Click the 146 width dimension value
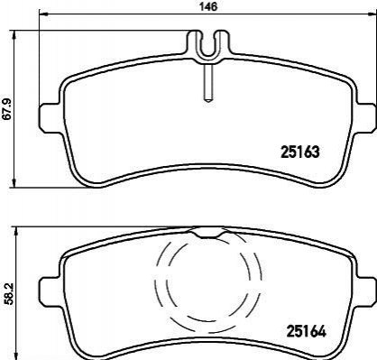coord(208,6)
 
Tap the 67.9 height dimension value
coord(6,108)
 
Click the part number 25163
coord(299,152)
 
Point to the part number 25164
coord(307,331)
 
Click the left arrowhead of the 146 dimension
coord(44,14)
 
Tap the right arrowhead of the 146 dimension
coord(372,14)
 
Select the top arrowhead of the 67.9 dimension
coord(14,35)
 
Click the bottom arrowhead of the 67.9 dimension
coord(14,182)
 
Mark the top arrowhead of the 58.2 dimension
coord(16,232)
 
